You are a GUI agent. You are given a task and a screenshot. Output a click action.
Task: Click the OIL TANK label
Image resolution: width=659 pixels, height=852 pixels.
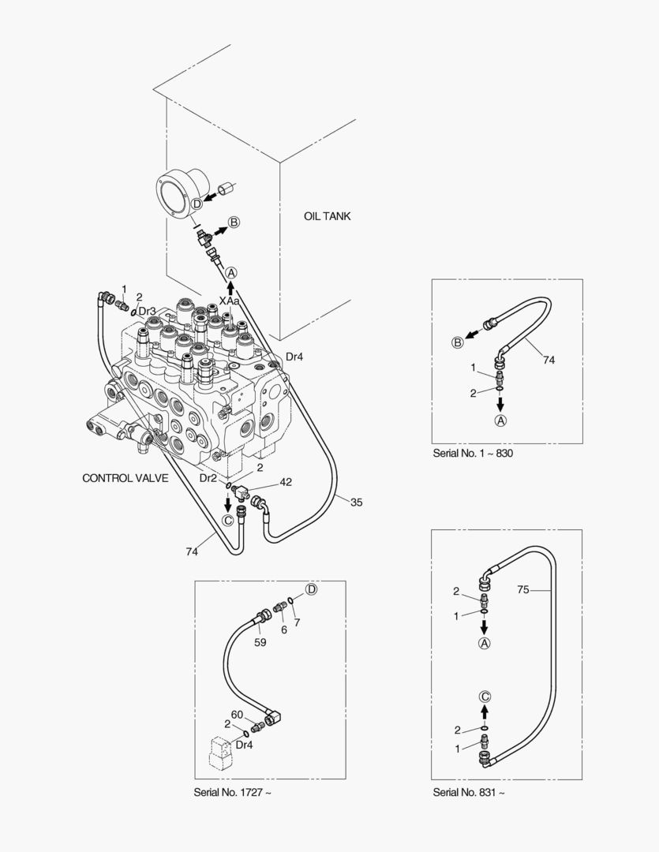[327, 216]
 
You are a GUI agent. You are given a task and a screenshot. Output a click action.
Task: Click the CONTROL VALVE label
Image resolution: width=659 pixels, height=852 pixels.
[125, 478]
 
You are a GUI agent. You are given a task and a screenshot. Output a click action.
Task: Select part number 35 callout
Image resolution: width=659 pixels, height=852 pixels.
[356, 502]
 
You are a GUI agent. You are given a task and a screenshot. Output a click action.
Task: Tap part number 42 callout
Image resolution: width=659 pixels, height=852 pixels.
[286, 482]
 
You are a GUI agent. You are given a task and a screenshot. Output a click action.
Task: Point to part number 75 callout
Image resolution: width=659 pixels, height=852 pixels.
[522, 589]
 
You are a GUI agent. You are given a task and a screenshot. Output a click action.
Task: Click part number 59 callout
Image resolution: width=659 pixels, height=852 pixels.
[260, 642]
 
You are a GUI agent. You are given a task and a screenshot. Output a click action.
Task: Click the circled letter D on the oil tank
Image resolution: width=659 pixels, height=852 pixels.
[197, 204]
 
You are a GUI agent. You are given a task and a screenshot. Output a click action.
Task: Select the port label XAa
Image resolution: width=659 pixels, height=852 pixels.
[230, 301]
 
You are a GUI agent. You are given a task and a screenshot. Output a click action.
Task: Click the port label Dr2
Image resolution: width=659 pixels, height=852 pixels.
[208, 478]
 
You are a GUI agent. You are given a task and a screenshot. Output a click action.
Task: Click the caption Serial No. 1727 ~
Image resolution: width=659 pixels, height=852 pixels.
[232, 792]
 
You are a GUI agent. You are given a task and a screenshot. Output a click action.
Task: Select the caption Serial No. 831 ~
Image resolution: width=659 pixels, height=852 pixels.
[469, 792]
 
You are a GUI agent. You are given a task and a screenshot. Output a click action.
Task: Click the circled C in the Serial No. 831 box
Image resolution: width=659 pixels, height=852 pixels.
[485, 696]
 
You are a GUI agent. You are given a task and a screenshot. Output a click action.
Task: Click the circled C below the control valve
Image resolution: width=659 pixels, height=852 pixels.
[228, 519]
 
